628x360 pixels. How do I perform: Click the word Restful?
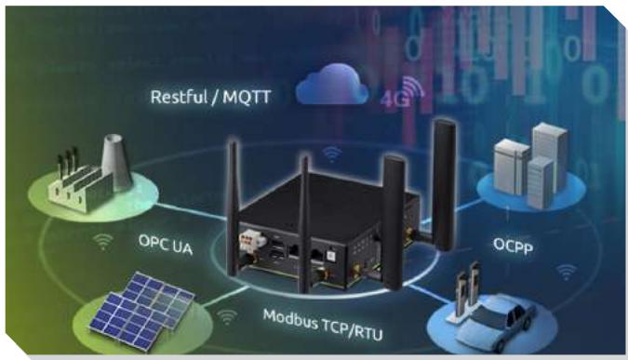(179, 97)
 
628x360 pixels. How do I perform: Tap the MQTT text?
(247, 97)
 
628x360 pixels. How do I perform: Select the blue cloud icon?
(331, 85)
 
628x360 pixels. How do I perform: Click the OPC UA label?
(166, 245)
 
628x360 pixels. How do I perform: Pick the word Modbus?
(291, 319)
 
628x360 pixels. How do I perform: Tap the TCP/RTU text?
(354, 329)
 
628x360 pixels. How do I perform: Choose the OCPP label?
(513, 245)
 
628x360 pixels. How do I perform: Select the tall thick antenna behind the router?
(444, 184)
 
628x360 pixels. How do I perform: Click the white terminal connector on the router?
(252, 241)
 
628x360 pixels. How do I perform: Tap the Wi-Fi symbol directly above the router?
(332, 154)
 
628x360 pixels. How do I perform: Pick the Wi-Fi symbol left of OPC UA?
(103, 242)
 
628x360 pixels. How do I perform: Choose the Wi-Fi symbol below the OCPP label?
(567, 272)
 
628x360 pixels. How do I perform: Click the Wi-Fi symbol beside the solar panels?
(227, 317)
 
